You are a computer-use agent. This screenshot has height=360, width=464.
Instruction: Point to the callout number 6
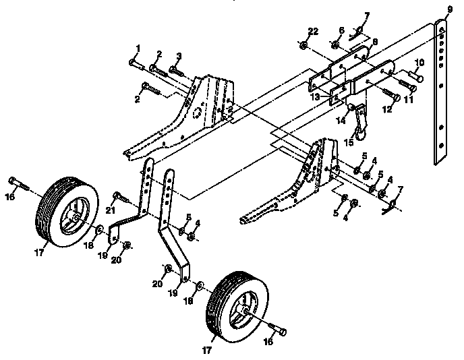[x=341, y=31]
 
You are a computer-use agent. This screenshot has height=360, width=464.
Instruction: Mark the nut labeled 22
[x=304, y=46]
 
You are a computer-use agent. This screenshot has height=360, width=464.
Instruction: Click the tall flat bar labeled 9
[x=442, y=94]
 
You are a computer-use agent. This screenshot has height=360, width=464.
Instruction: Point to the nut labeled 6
[x=335, y=45]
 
